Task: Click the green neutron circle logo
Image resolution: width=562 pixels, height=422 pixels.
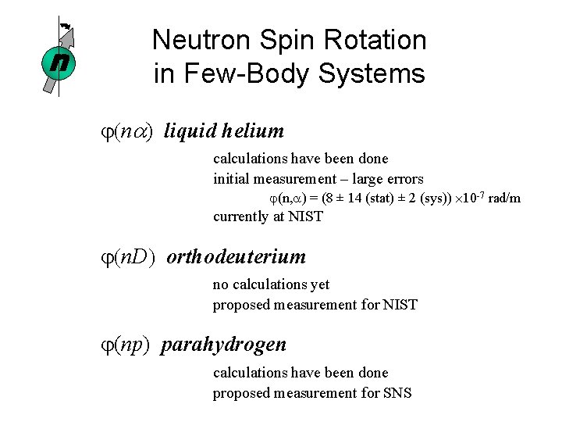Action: click(58, 62)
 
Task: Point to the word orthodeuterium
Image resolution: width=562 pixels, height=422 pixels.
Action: click(237, 257)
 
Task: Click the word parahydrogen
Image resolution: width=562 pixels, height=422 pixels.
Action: click(224, 345)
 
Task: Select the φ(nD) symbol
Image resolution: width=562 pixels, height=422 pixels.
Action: click(134, 257)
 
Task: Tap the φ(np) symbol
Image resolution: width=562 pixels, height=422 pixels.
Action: click(132, 345)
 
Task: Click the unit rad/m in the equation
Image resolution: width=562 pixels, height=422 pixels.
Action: click(503, 198)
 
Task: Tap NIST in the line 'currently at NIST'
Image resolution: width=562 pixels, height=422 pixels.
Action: click(305, 216)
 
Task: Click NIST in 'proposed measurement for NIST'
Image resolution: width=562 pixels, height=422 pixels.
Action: click(400, 305)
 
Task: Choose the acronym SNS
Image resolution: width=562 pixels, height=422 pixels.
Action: click(397, 393)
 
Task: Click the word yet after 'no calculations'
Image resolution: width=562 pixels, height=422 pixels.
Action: click(318, 285)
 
